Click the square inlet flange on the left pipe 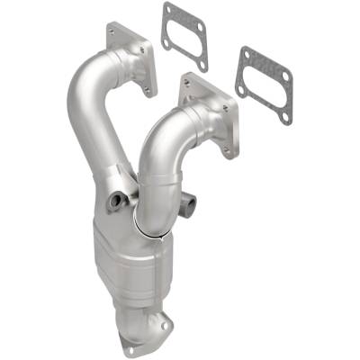tap(130, 58)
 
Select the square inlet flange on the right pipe tap(208, 112)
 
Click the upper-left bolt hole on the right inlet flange tap(187, 83)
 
